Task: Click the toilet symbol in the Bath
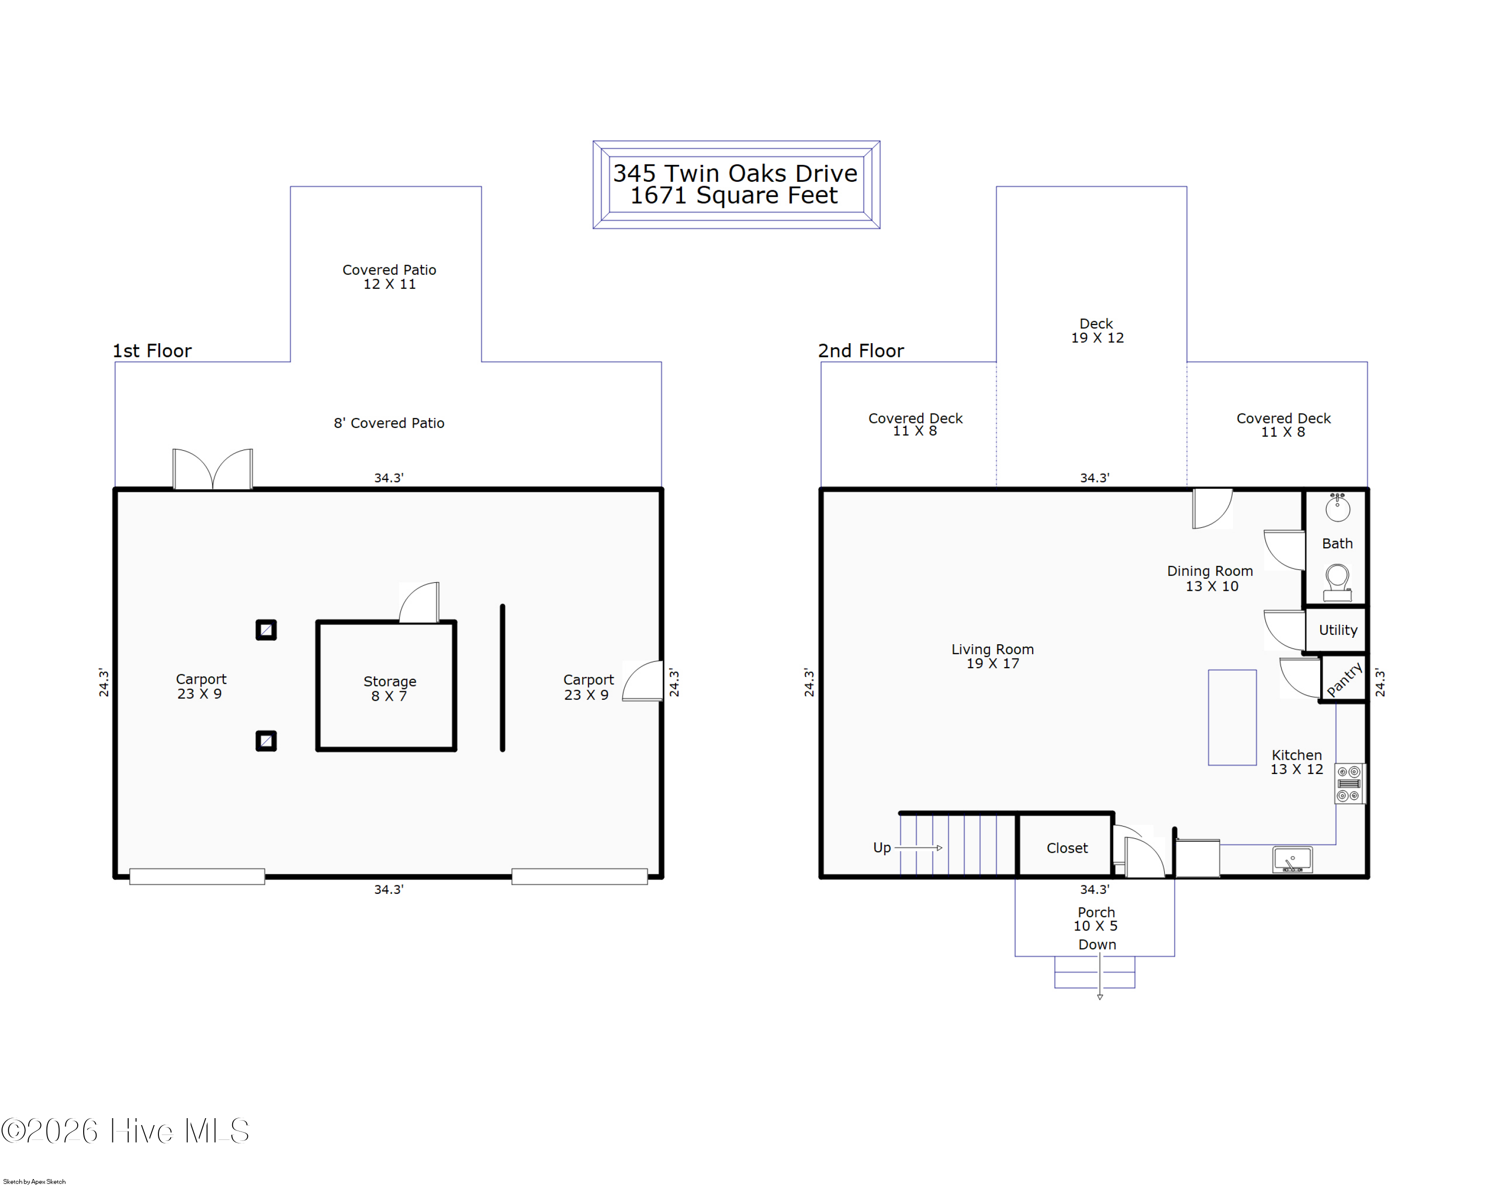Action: pyautogui.click(x=1337, y=582)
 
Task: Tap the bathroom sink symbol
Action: pyautogui.click(x=1337, y=507)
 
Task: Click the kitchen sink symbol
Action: pyautogui.click(x=1293, y=860)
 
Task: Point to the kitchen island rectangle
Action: pyautogui.click(x=1232, y=717)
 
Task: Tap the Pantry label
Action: pyautogui.click(x=1344, y=679)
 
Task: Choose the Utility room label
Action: pyautogui.click(x=1337, y=630)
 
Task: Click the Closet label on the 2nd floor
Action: pyautogui.click(x=1067, y=848)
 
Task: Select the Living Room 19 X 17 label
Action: pyautogui.click(x=992, y=656)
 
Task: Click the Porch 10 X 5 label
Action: pyautogui.click(x=1096, y=919)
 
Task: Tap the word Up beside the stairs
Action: pyautogui.click(x=882, y=847)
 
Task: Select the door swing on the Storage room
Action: pyautogui.click(x=419, y=603)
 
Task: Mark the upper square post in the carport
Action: pyautogui.click(x=266, y=630)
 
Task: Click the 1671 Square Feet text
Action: pyautogui.click(x=734, y=196)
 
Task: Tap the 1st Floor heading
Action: pyautogui.click(x=152, y=351)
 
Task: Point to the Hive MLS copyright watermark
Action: pyautogui.click(x=125, y=1131)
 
